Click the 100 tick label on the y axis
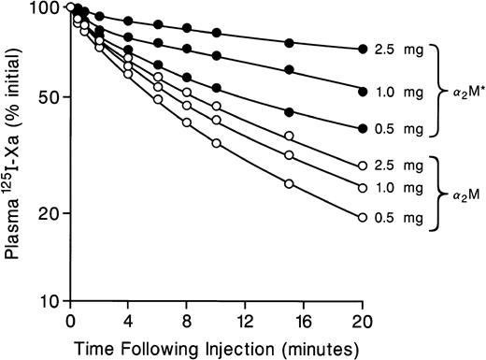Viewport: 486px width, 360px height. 42,8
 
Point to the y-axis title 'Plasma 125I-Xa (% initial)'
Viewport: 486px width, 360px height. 14,154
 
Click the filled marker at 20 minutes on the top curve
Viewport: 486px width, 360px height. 362,49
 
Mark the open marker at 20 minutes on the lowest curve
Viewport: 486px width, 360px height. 362,218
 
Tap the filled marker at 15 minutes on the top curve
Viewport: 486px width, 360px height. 289,42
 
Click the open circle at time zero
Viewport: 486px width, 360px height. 70,8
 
